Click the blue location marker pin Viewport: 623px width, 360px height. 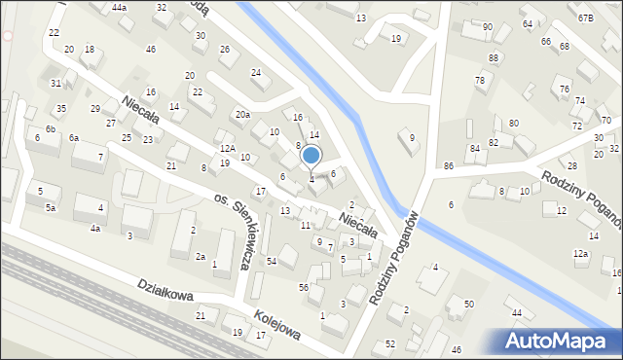point(311,157)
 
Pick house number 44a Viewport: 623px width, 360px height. point(119,8)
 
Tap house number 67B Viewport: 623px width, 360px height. point(585,18)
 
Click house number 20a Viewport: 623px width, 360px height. point(242,115)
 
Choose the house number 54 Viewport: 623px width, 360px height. point(273,262)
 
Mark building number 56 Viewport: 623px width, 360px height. point(304,287)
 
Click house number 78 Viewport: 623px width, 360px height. point(480,80)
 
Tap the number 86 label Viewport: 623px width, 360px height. point(449,167)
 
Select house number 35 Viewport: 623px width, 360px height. point(61,109)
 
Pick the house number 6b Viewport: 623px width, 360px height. point(50,129)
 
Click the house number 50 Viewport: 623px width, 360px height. point(468,305)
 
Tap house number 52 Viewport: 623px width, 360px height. point(390,344)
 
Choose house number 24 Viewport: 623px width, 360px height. point(256,73)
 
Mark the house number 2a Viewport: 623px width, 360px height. point(200,257)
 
